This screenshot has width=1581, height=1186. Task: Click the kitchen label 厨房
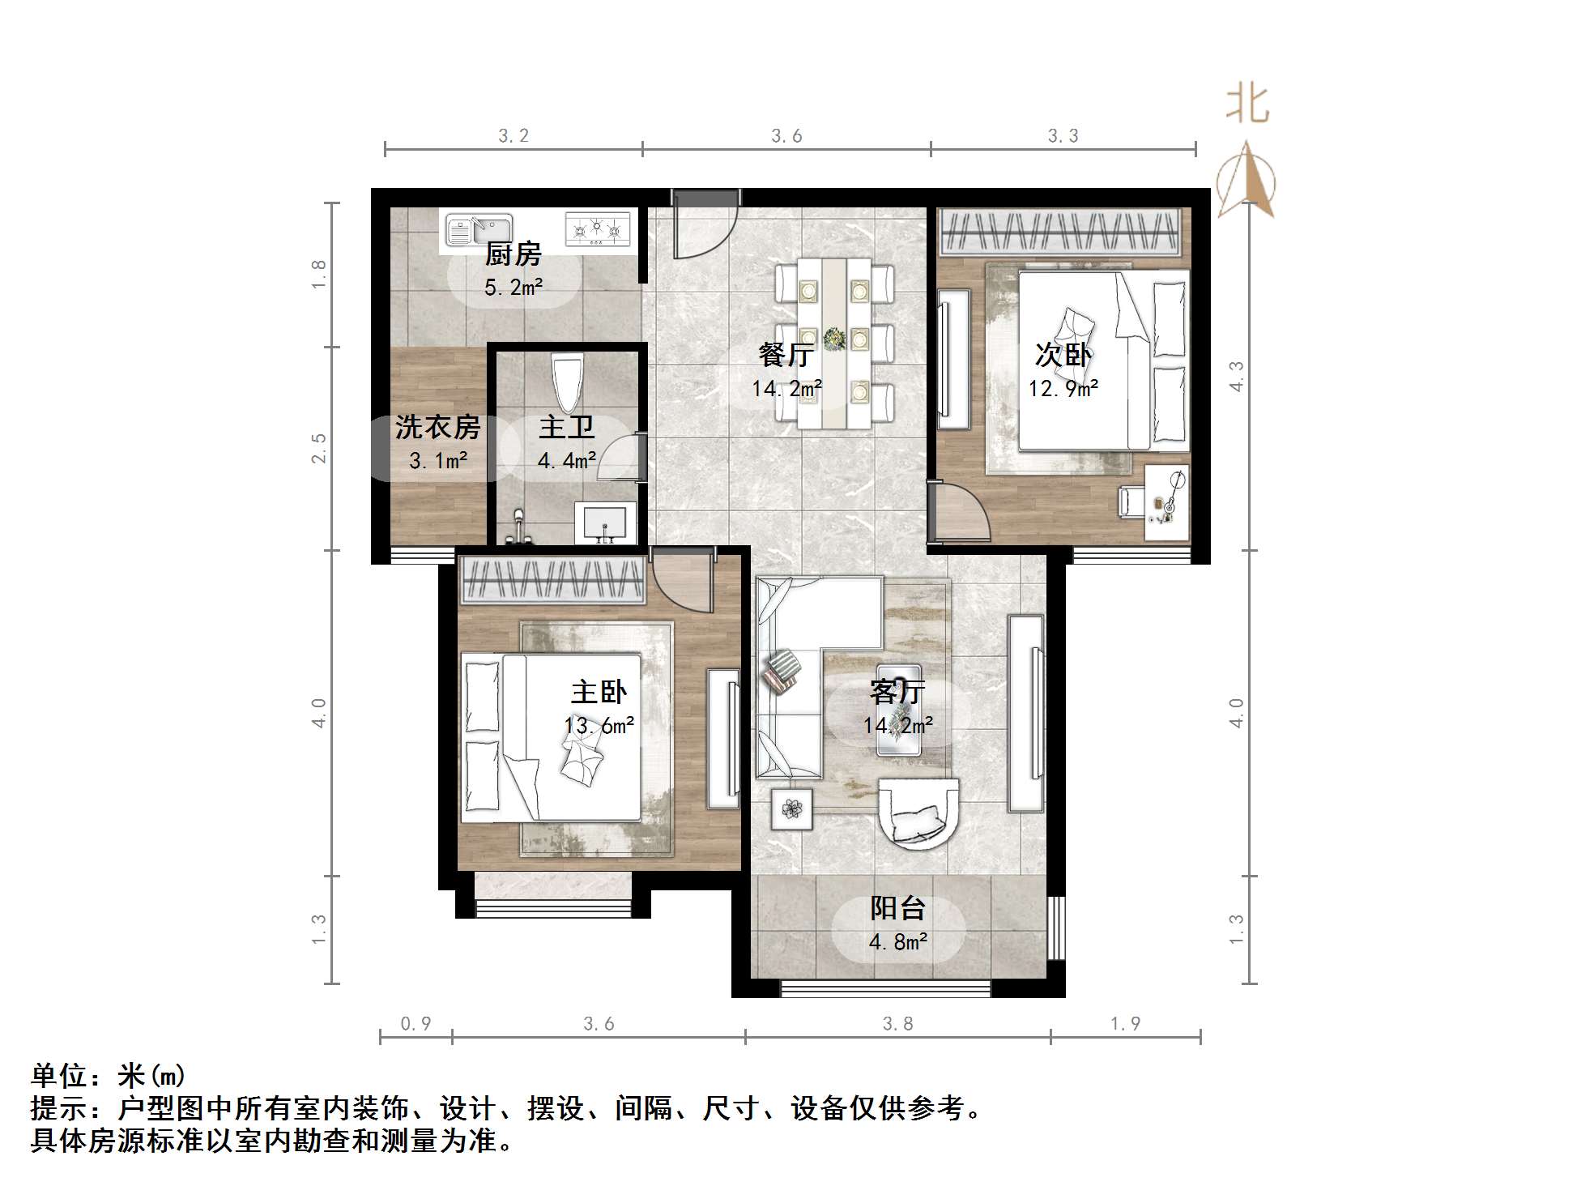513,254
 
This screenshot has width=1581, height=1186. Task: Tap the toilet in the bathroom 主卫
566,382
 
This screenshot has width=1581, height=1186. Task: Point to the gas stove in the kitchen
598,228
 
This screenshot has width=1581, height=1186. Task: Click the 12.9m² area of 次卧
1063,389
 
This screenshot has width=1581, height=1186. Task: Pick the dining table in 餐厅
834,343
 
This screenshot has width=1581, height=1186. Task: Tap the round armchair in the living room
918,813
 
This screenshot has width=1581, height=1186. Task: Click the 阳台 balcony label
897,908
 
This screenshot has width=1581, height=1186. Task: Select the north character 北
1246,105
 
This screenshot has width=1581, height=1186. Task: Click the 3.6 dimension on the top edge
786,136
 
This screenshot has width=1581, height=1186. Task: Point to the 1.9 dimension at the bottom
1125,1024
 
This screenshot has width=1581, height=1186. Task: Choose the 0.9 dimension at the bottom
416,1024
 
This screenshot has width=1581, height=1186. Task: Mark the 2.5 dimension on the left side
319,448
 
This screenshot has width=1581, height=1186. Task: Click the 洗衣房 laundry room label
437,427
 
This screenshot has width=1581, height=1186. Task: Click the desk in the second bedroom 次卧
1167,502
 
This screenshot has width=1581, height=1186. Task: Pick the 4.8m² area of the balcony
897,942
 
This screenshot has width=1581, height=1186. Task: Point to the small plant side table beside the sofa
791,808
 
